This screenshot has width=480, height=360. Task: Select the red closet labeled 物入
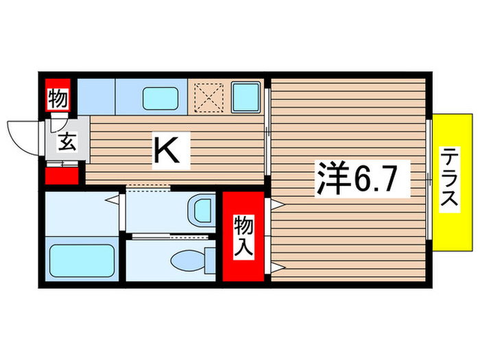pyautogui.click(x=243, y=237)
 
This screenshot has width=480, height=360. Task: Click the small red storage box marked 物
pyautogui.click(x=58, y=99)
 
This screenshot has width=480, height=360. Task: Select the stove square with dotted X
pyautogui.click(x=207, y=98)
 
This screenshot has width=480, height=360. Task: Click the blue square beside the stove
pyautogui.click(x=245, y=97)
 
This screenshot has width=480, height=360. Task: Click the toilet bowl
pyautogui.click(x=186, y=261)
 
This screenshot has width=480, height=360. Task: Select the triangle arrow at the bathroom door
pyautogui.click(x=110, y=201)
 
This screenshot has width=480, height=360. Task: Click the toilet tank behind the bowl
pyautogui.click(x=210, y=261)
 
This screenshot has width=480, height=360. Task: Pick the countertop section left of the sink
pyautogui.click(x=96, y=97)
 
